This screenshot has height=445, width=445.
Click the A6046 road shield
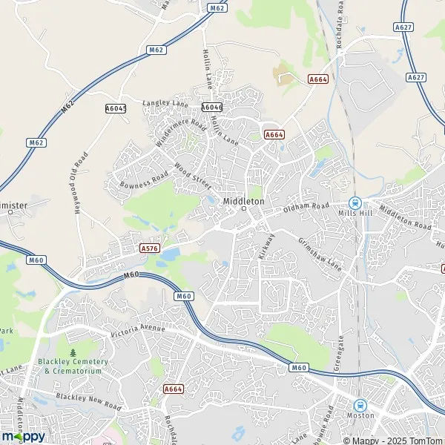click(211, 107)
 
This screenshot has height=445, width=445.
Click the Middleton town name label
click(243, 201)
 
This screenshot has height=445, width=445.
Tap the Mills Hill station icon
click(355, 202)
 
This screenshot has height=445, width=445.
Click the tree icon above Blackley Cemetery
click(73, 352)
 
